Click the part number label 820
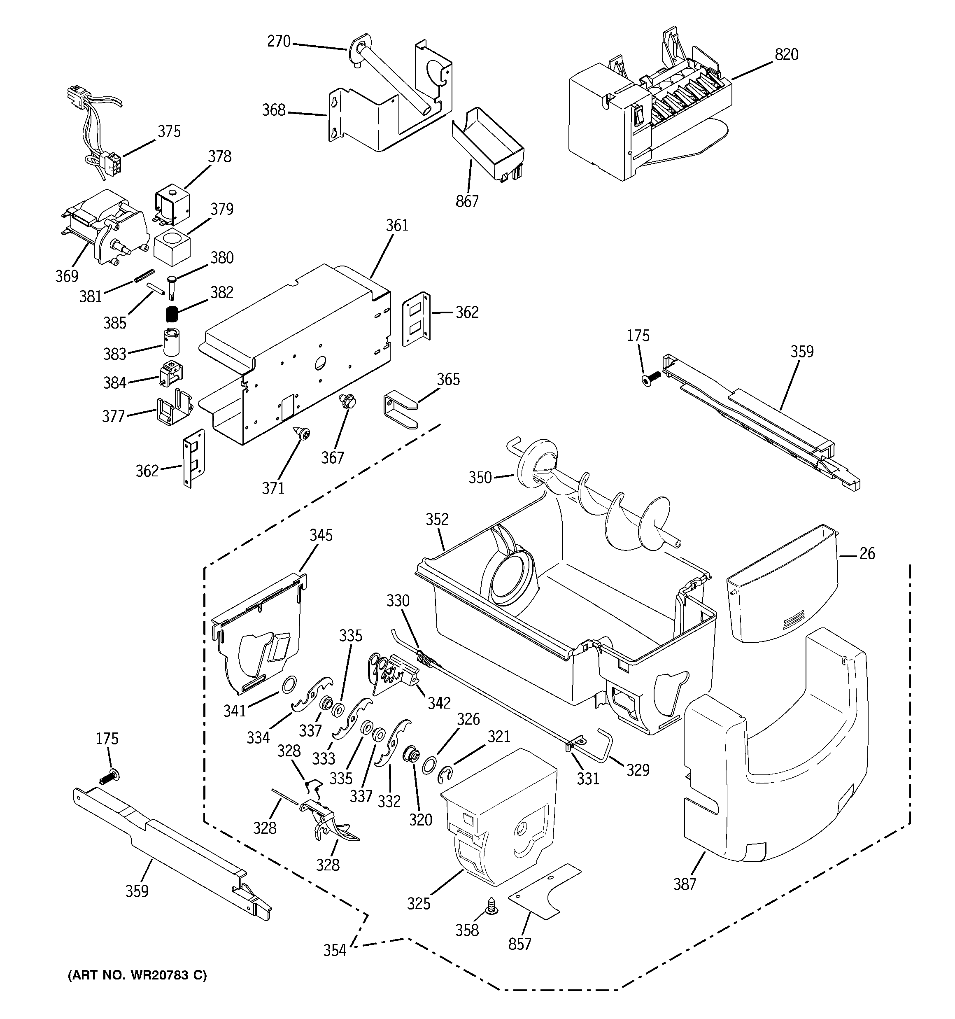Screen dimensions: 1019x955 786,54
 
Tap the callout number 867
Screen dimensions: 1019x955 467,201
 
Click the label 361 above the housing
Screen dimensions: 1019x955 397,226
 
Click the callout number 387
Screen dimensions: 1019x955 685,884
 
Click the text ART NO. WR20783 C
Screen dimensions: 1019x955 137,975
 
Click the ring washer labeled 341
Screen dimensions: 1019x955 289,683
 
